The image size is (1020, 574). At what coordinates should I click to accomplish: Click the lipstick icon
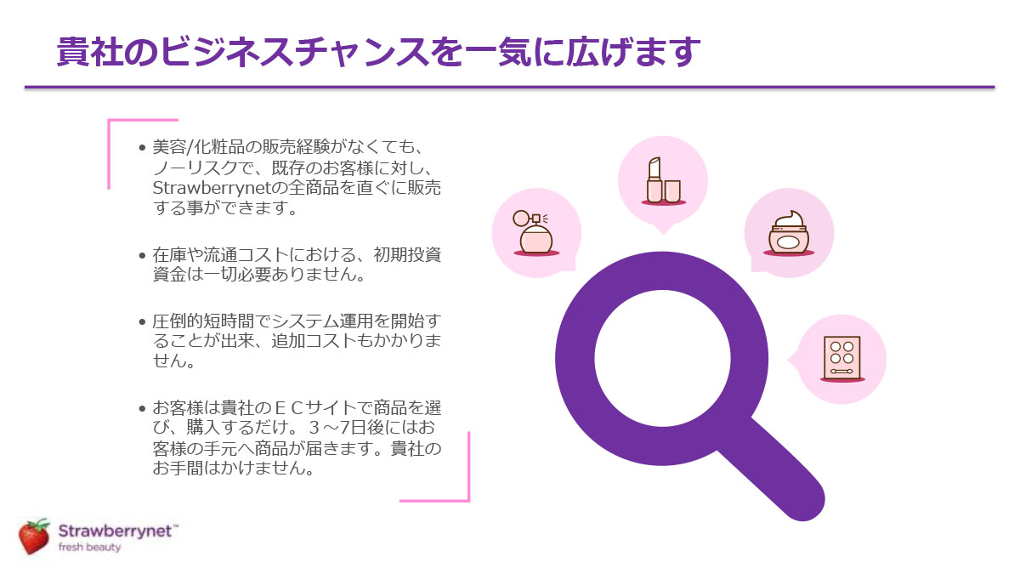pyautogui.click(x=664, y=181)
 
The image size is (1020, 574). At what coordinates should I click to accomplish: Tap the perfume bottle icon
pyautogui.click(x=536, y=232)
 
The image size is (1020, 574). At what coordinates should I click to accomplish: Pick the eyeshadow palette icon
pyautogui.click(x=842, y=359)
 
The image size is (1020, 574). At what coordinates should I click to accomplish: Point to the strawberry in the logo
pyautogui.click(x=34, y=536)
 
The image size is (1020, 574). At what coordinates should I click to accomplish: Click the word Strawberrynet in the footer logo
pyautogui.click(x=116, y=531)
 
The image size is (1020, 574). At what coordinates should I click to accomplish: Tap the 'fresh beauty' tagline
pyautogui.click(x=90, y=547)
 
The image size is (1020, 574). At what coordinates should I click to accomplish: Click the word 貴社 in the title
pyautogui.click(x=90, y=52)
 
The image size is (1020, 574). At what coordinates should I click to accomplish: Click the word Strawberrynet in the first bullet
pyautogui.click(x=214, y=189)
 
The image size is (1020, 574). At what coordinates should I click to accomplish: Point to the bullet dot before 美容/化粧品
pyautogui.click(x=142, y=148)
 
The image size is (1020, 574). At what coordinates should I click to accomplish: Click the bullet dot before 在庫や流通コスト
pyautogui.click(x=142, y=255)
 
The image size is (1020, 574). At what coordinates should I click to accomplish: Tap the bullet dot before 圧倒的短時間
pyautogui.click(x=142, y=321)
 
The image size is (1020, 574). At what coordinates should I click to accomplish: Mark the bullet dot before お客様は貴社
pyautogui.click(x=142, y=408)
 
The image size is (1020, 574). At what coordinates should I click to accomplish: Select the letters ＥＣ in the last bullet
pyautogui.click(x=289, y=408)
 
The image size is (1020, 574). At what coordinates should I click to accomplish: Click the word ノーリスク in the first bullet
pyautogui.click(x=195, y=168)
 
